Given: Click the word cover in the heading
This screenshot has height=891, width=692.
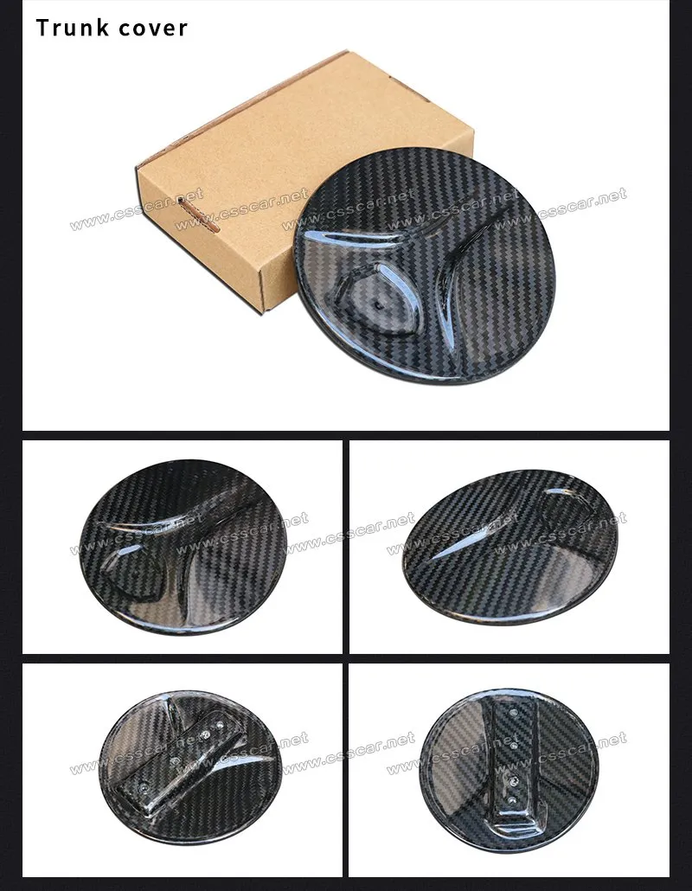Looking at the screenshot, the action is (151, 29).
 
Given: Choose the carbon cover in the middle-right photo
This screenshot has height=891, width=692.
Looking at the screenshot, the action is (510, 546).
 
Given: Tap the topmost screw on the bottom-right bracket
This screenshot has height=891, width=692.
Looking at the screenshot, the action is (514, 711).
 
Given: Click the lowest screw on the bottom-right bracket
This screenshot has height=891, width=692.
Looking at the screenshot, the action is (513, 800).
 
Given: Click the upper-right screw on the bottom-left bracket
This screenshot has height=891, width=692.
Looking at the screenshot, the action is (220, 727).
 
